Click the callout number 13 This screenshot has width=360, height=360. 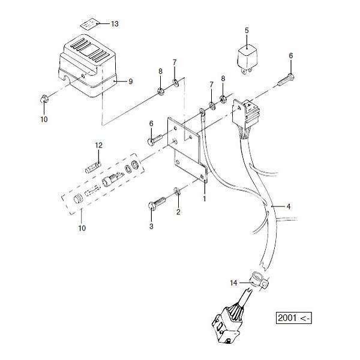[115, 23]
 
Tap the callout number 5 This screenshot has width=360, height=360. [245, 30]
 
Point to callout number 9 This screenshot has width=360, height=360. [130, 82]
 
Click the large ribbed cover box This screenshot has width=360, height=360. [87, 66]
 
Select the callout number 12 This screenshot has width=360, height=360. [99, 145]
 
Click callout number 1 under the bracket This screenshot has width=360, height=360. [204, 197]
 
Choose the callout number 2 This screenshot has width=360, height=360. [178, 212]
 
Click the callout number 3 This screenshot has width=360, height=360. [151, 226]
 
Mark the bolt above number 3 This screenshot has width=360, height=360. [155, 202]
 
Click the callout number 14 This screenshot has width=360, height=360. [233, 282]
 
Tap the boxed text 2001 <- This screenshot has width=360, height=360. [294, 317]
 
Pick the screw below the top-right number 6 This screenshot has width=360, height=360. [284, 79]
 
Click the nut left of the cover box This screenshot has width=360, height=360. [45, 98]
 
